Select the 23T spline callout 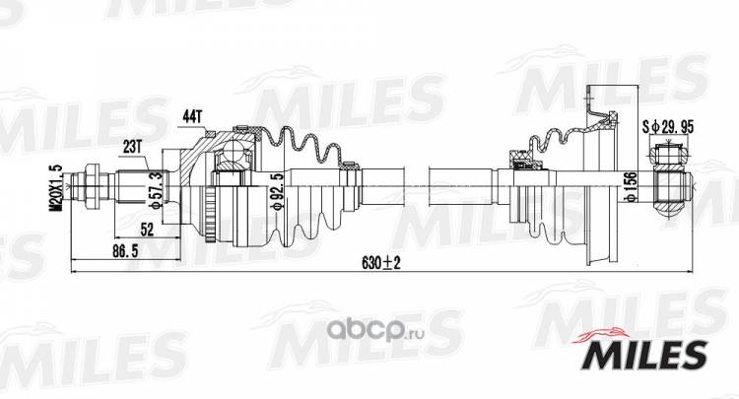click(x=132, y=147)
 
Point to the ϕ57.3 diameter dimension click(x=157, y=190)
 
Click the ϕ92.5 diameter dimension click(x=277, y=192)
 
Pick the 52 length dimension click(x=147, y=230)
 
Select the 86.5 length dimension click(x=125, y=251)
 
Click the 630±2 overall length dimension click(x=380, y=263)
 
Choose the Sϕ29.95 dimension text click(x=668, y=126)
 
